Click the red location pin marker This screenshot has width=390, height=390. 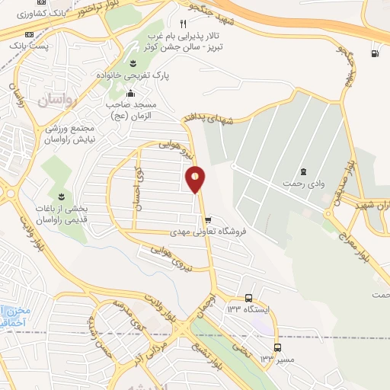pyautogui.click(x=196, y=179)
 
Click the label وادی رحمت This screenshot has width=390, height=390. pyautogui.click(x=298, y=184)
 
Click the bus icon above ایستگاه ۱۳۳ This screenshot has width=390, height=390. pyautogui.click(x=249, y=298)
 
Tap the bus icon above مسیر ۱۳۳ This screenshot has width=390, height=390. pyautogui.click(x=277, y=347)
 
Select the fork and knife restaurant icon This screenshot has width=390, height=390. pyautogui.click(x=182, y=24)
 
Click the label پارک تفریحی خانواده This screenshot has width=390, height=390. pyautogui.click(x=133, y=76)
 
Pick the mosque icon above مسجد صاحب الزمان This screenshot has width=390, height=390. pyautogui.click(x=129, y=94)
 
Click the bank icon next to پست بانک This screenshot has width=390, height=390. pyautogui.click(x=29, y=35)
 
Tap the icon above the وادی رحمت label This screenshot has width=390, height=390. pyautogui.click(x=304, y=171)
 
